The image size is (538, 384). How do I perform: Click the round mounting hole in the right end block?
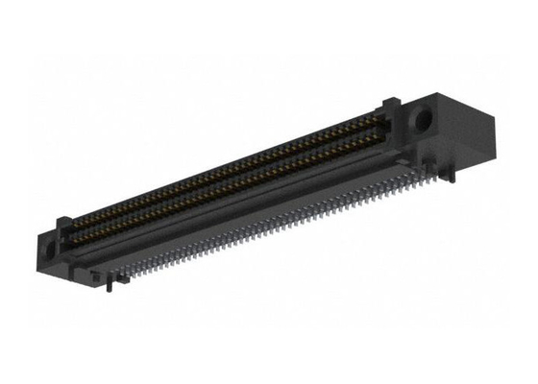(420, 122)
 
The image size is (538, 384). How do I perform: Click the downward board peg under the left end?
(115, 283)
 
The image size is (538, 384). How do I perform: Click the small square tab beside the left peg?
(97, 276)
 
